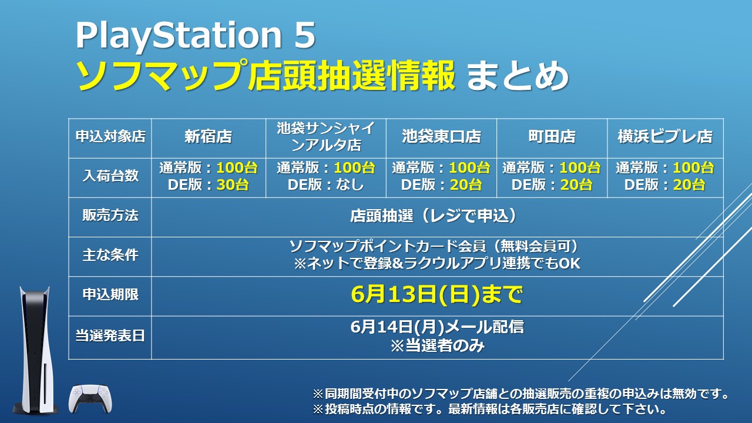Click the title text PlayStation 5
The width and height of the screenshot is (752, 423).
195,36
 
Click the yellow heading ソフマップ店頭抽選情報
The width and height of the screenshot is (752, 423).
266,76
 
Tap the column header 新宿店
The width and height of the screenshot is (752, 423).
208,137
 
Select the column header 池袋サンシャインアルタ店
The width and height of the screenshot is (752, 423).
325,137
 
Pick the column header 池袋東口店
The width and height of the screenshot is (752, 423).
441,137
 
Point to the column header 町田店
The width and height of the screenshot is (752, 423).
551,137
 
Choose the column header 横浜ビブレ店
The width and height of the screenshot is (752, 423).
664,137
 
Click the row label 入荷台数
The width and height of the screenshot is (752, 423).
110,176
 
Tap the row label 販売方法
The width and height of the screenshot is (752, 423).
110,216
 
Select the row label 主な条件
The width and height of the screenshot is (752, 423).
110,256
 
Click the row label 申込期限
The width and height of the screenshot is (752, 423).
110,294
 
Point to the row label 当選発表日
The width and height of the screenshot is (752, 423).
110,336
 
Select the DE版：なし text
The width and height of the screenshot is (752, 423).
325,184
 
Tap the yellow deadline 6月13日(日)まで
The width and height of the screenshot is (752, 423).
436,295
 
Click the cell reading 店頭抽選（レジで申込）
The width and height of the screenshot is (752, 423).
436,216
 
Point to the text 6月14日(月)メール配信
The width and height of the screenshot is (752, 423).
436,327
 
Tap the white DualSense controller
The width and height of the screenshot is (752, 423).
90,399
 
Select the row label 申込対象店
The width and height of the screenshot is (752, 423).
110,137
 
